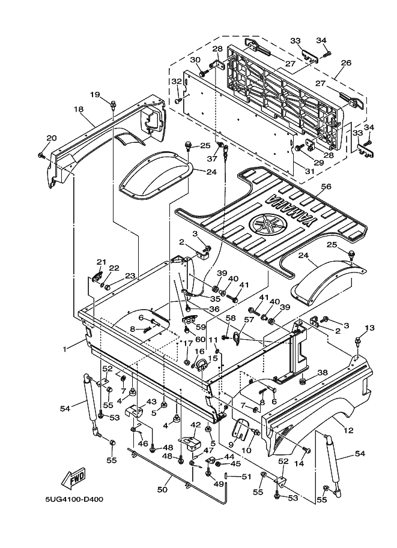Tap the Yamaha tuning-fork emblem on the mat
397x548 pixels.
pyautogui.click(x=266, y=226)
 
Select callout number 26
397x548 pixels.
pyautogui.click(x=345, y=62)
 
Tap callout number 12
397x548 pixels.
pyautogui.click(x=348, y=429)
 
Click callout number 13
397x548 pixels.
pyautogui.click(x=369, y=328)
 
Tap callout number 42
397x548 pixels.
pyautogui.click(x=195, y=424)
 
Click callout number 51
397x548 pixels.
pyautogui.click(x=245, y=477)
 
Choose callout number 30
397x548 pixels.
pyautogui.click(x=195, y=60)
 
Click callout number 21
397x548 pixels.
pyautogui.click(x=101, y=262)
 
